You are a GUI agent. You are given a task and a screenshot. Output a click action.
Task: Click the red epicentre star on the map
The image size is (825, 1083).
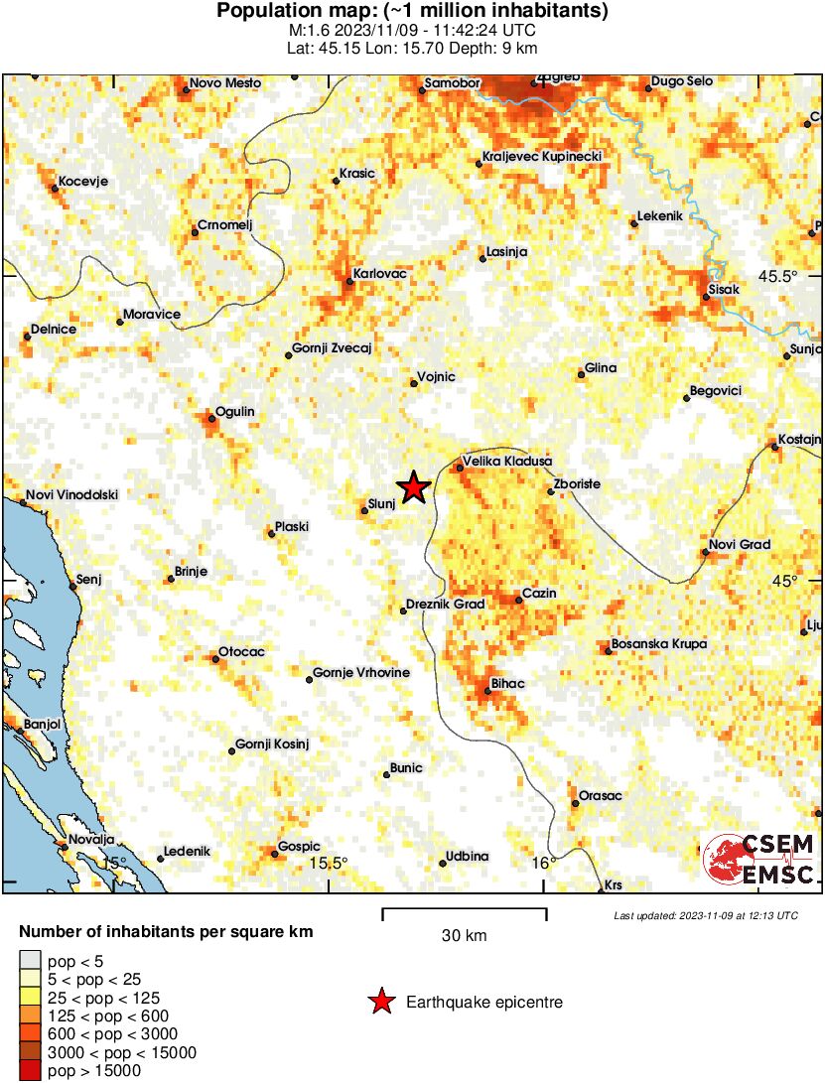click(414, 486)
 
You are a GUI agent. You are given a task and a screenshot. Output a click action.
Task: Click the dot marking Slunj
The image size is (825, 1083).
click(363, 511)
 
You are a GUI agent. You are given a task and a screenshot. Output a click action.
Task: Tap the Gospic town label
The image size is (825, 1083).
click(299, 846)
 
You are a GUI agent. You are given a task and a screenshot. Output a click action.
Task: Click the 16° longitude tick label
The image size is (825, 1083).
click(543, 863)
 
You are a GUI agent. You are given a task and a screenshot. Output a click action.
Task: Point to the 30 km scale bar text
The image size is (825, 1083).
click(464, 935)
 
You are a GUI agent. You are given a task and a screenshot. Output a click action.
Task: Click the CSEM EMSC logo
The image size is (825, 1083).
click(759, 859)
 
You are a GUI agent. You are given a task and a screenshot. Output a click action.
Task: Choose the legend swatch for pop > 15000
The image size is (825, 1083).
click(31, 1071)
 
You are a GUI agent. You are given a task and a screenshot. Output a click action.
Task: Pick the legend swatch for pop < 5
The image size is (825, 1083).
click(31, 959)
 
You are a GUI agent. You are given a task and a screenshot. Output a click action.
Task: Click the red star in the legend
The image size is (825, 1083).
click(381, 1003)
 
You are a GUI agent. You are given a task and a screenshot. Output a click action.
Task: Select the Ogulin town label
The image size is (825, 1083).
click(235, 412)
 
